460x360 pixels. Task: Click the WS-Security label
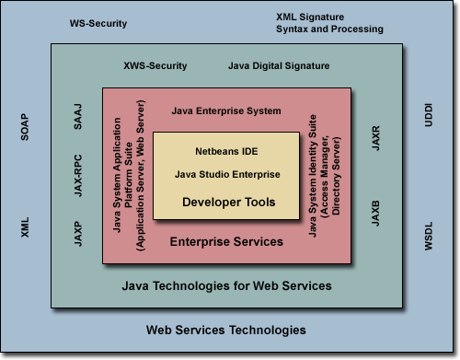point(98,22)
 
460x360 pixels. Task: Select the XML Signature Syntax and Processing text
point(329,23)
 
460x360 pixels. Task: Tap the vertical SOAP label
point(25,127)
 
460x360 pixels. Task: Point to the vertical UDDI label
point(429,127)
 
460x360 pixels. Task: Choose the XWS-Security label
point(155,65)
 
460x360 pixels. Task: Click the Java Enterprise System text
point(225,111)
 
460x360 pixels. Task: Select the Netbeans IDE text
point(226,150)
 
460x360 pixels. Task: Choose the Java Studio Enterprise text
point(226,174)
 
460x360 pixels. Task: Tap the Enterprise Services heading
point(226,242)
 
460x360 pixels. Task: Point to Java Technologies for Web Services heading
point(227,286)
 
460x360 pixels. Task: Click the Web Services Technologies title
point(226,330)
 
